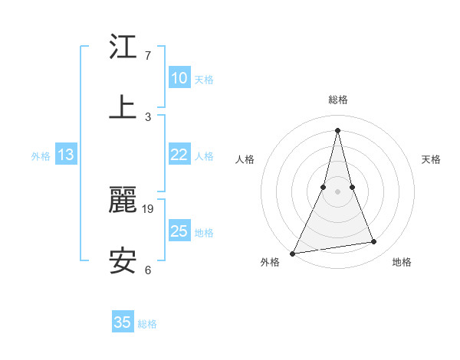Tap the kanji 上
click(123, 106)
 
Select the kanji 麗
click(123, 201)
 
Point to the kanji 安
click(123, 260)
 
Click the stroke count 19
click(149, 208)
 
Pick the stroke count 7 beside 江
click(148, 55)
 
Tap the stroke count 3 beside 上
click(148, 116)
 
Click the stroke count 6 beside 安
click(148, 270)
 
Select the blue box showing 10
click(179, 78)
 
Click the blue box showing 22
click(179, 155)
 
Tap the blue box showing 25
click(179, 231)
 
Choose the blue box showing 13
click(66, 155)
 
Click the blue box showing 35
click(123, 322)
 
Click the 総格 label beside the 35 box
click(147, 324)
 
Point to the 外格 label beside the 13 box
click(41, 156)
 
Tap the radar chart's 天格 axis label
click(432, 159)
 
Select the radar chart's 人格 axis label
click(245, 159)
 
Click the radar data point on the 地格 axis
click(374, 242)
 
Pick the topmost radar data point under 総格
click(337, 129)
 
